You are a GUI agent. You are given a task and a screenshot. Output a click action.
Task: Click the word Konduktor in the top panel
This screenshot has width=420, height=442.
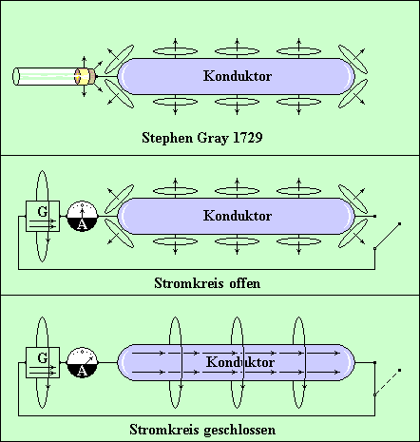[x=238, y=76]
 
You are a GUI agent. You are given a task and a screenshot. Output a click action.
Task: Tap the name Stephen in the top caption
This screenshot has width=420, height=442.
[x=167, y=138]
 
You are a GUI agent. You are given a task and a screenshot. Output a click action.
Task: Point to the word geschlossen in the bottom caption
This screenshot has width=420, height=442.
[x=239, y=431]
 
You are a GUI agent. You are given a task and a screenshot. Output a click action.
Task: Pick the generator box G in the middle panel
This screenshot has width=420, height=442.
[x=43, y=216]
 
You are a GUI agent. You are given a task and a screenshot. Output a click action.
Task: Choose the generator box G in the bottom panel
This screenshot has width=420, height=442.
[x=43, y=362]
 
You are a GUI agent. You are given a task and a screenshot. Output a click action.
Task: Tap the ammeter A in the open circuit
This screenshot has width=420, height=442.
[x=82, y=216]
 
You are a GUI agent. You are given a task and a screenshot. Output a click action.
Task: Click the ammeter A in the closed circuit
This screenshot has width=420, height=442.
[x=82, y=362]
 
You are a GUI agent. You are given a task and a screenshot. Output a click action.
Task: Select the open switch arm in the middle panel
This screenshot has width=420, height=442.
[x=388, y=236]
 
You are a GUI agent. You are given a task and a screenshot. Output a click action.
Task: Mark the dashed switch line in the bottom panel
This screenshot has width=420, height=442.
[x=388, y=382]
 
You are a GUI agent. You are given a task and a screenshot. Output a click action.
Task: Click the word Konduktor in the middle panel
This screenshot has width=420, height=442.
[x=238, y=216]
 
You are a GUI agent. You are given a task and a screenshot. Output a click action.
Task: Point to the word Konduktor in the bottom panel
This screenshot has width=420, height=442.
[x=240, y=362]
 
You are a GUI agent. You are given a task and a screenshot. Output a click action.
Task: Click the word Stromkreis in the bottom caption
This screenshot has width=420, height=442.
[x=164, y=430]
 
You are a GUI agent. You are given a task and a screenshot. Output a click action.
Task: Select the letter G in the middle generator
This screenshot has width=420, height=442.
[x=43, y=211]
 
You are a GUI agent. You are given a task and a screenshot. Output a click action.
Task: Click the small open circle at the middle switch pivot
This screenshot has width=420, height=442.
[x=375, y=249]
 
